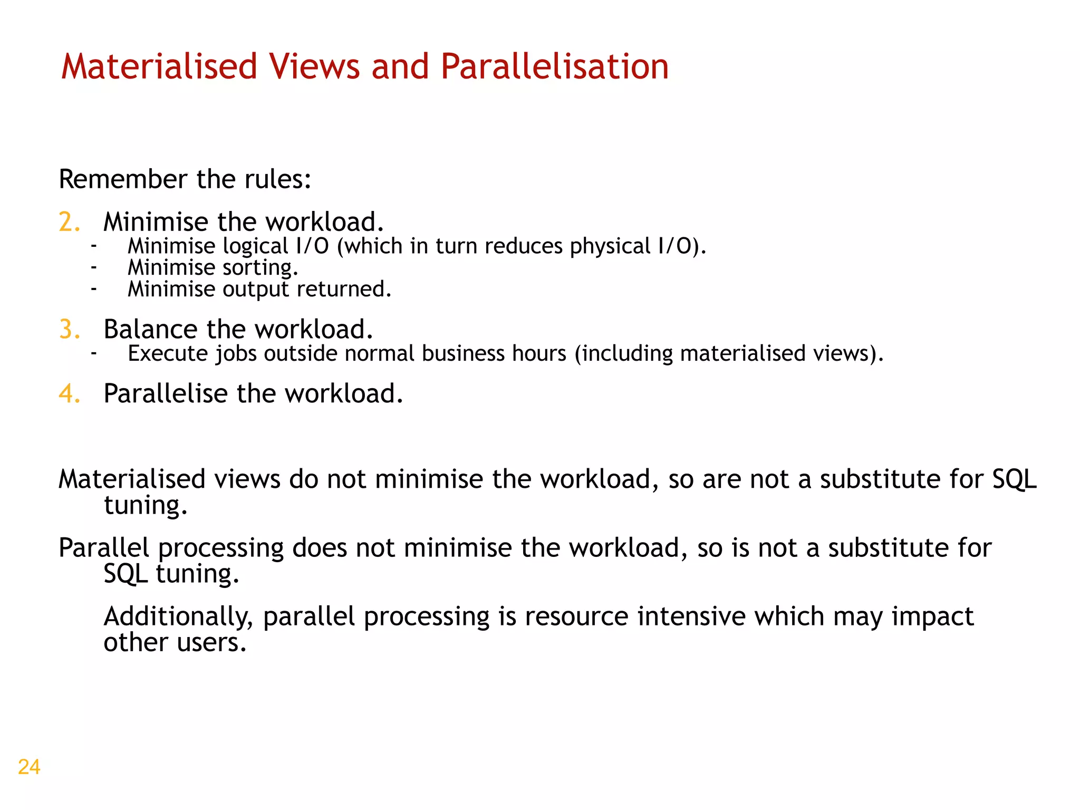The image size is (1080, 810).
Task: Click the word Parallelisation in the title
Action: (x=554, y=67)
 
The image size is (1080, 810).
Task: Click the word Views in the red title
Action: (x=314, y=67)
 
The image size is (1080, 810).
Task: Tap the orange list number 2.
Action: (x=69, y=222)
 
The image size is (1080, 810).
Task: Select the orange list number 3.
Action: (x=69, y=330)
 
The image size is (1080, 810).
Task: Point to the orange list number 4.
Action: (x=69, y=394)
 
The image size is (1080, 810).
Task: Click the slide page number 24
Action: (x=29, y=767)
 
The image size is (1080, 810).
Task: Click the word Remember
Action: (x=123, y=179)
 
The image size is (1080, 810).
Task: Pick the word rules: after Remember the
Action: (x=278, y=179)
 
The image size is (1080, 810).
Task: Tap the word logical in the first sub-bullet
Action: (x=255, y=247)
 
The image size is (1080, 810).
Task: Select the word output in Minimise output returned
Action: (x=256, y=290)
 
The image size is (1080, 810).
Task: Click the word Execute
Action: (x=168, y=354)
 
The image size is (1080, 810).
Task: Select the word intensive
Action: (x=691, y=616)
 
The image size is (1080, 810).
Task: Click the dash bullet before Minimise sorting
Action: (x=93, y=268)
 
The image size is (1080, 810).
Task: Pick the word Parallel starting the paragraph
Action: (x=104, y=548)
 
